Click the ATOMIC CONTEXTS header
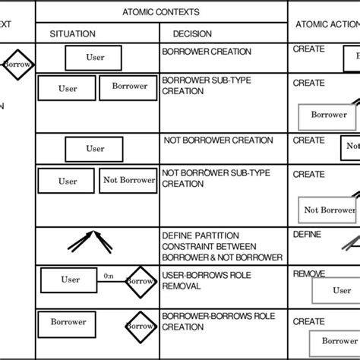pos(161,11)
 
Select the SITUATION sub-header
pos(72,34)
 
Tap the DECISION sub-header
pos(192,34)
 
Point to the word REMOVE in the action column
pos(309,273)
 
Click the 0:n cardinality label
pos(110,276)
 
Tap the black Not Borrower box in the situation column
pos(128,181)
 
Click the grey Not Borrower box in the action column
pos(329,210)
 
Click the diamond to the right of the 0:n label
pos(141,281)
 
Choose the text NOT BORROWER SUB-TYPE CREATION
pos(215,178)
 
